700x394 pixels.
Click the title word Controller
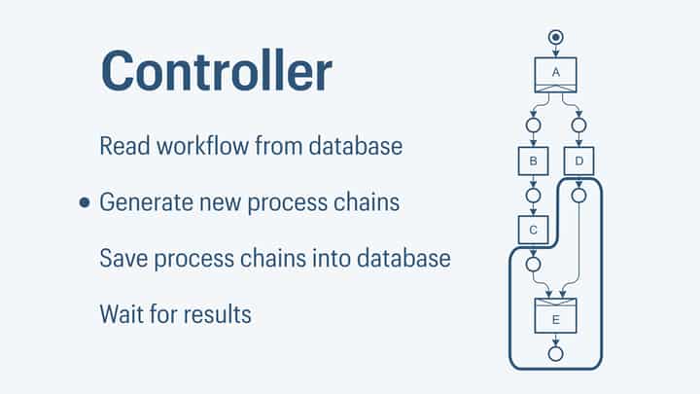click(x=216, y=71)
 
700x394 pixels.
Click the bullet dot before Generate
click(x=85, y=203)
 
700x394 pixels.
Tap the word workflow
click(x=200, y=147)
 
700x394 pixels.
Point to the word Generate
click(x=147, y=203)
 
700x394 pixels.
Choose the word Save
click(x=122, y=260)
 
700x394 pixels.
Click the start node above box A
click(x=556, y=37)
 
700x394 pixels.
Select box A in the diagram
click(x=556, y=75)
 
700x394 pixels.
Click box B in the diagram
click(x=533, y=160)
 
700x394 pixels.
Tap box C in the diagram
click(x=533, y=230)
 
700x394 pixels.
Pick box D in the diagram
click(x=579, y=160)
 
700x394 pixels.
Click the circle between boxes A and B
click(x=533, y=125)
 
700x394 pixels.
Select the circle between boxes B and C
click(x=533, y=195)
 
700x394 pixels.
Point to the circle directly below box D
click(x=579, y=195)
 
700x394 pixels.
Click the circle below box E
click(x=556, y=352)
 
